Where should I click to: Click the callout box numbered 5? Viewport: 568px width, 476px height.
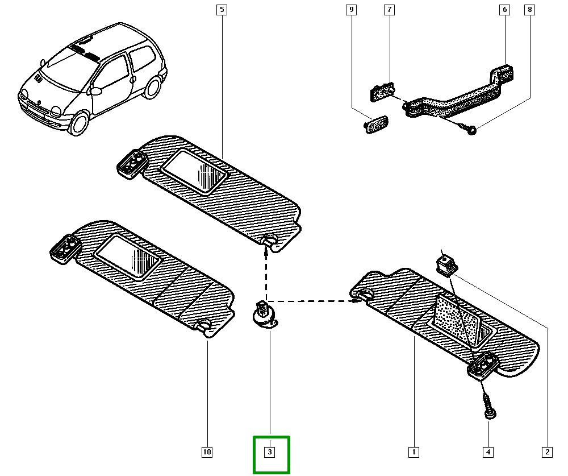pos(221,10)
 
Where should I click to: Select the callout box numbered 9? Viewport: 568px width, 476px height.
pos(351,10)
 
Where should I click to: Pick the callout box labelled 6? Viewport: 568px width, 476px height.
pos(504,10)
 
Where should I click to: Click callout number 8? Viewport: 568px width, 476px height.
pos(530,10)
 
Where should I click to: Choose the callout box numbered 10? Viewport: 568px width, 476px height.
pos(207,452)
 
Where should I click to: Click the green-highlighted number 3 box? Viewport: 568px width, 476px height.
pos(270,453)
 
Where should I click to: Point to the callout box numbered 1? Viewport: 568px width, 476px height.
pos(414,452)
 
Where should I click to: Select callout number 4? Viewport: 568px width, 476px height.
pos(488,452)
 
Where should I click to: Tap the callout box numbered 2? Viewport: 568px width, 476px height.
pos(547,452)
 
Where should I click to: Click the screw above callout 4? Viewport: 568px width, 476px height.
pos(488,405)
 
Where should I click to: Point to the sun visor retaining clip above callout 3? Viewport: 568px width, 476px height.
pos(263,314)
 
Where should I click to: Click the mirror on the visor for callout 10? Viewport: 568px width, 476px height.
pos(128,256)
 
